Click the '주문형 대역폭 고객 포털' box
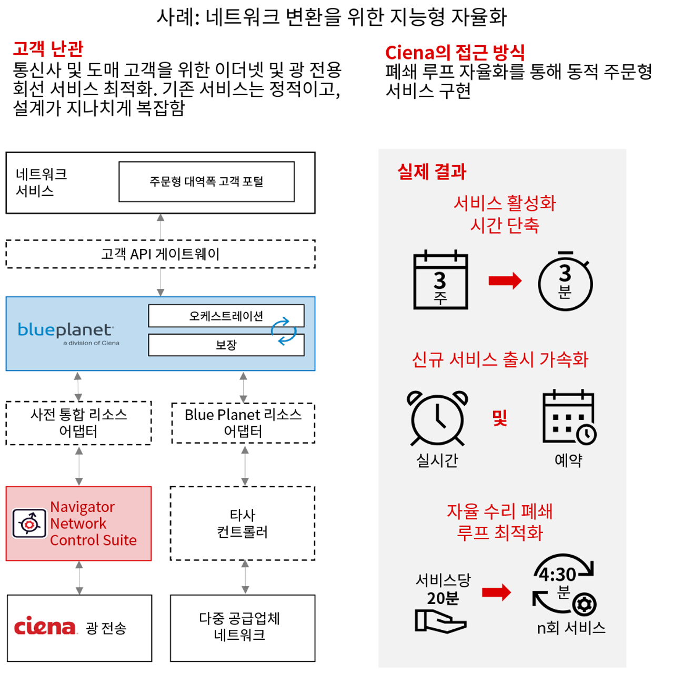point(206,182)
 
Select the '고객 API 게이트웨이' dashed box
point(160,254)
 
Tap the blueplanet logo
point(66,332)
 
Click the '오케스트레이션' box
point(226,316)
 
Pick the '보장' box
point(226,345)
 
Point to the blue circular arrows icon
point(284,331)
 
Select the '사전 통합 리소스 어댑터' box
point(78,423)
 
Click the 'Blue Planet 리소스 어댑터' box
point(243,423)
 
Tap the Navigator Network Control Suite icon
point(29,524)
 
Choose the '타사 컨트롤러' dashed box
point(243,523)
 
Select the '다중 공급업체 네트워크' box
point(243,627)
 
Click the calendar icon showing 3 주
point(440,281)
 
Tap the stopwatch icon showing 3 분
point(565,282)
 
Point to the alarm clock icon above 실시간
point(437,419)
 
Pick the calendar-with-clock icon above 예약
point(569,418)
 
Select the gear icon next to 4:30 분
point(584,604)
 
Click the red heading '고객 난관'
point(48,48)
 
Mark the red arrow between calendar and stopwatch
point(505,281)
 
